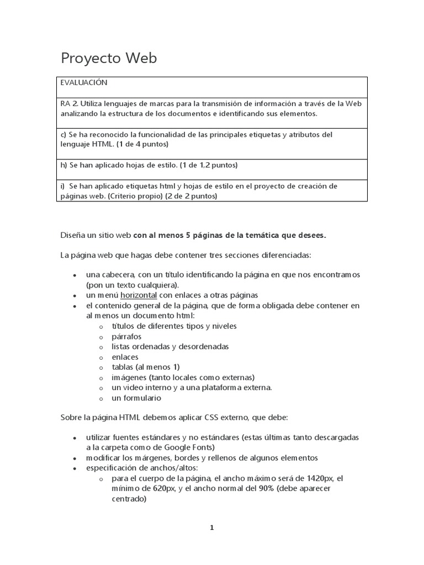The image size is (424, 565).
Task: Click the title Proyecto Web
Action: (108, 59)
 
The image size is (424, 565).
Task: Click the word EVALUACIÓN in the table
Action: (84, 83)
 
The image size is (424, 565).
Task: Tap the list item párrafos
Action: (126, 336)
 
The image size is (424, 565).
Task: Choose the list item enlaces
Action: (125, 357)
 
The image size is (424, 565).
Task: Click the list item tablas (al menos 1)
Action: (146, 367)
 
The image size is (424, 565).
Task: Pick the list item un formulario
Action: (136, 398)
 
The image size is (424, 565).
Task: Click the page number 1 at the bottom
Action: (211, 527)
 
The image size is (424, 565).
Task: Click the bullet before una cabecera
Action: (75, 275)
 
